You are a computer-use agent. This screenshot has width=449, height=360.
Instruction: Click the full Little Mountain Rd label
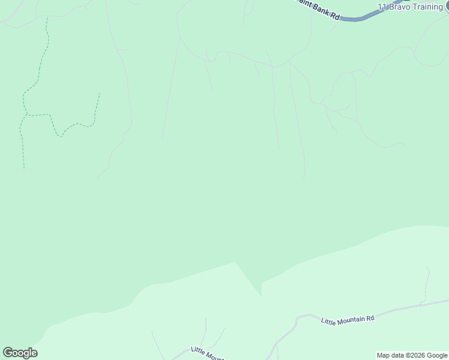point(348,318)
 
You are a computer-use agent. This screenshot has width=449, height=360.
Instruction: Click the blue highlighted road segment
point(360,19)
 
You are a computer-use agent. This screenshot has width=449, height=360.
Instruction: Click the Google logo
point(20,353)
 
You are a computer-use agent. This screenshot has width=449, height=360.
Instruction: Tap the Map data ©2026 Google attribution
point(412,355)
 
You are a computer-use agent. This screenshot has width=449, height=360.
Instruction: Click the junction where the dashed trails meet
point(26,114)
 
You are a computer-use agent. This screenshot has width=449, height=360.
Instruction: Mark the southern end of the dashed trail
point(24,168)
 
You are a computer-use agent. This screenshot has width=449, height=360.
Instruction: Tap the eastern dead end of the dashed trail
point(99,94)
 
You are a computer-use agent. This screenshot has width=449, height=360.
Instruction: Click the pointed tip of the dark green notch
point(262,296)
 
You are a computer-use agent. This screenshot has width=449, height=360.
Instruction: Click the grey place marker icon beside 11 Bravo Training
point(447,7)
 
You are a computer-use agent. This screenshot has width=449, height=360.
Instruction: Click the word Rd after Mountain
point(370,316)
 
